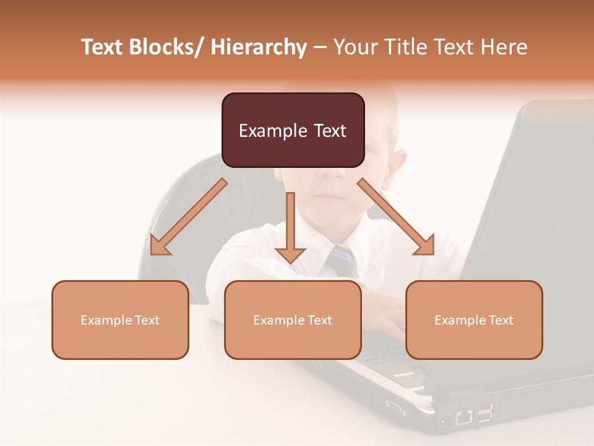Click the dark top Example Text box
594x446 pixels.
coord(293,130)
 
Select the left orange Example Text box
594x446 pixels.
coord(120,320)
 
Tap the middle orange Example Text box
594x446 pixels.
coord(293,320)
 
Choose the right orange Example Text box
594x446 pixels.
coord(474,320)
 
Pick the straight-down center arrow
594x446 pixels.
coord(290,226)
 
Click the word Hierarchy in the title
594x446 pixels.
coord(259,47)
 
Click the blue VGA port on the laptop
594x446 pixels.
coord(394,408)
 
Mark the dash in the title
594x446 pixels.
coord(320,48)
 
